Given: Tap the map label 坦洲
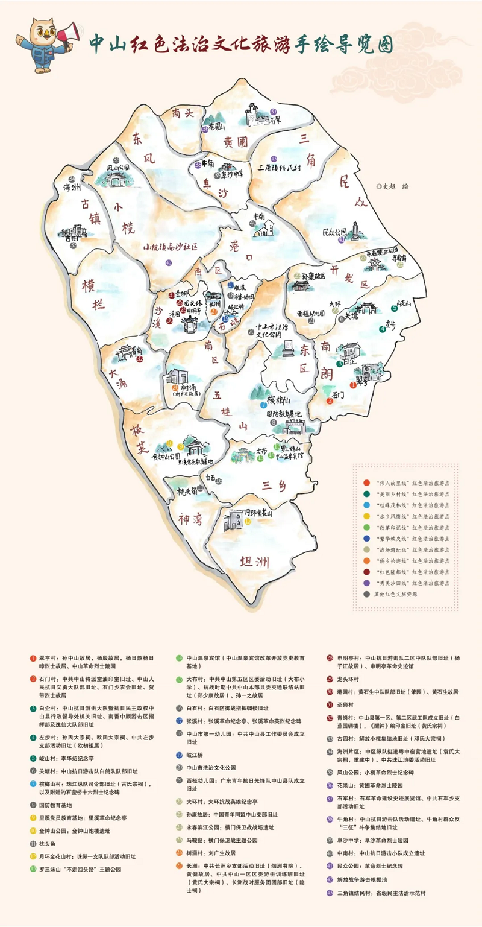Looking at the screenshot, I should [254, 563].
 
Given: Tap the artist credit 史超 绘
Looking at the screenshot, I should [392, 186].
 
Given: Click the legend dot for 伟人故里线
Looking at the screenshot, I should [366, 483].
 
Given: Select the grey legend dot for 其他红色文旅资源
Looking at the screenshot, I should [366, 594].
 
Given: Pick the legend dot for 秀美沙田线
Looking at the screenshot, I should [366, 583].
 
